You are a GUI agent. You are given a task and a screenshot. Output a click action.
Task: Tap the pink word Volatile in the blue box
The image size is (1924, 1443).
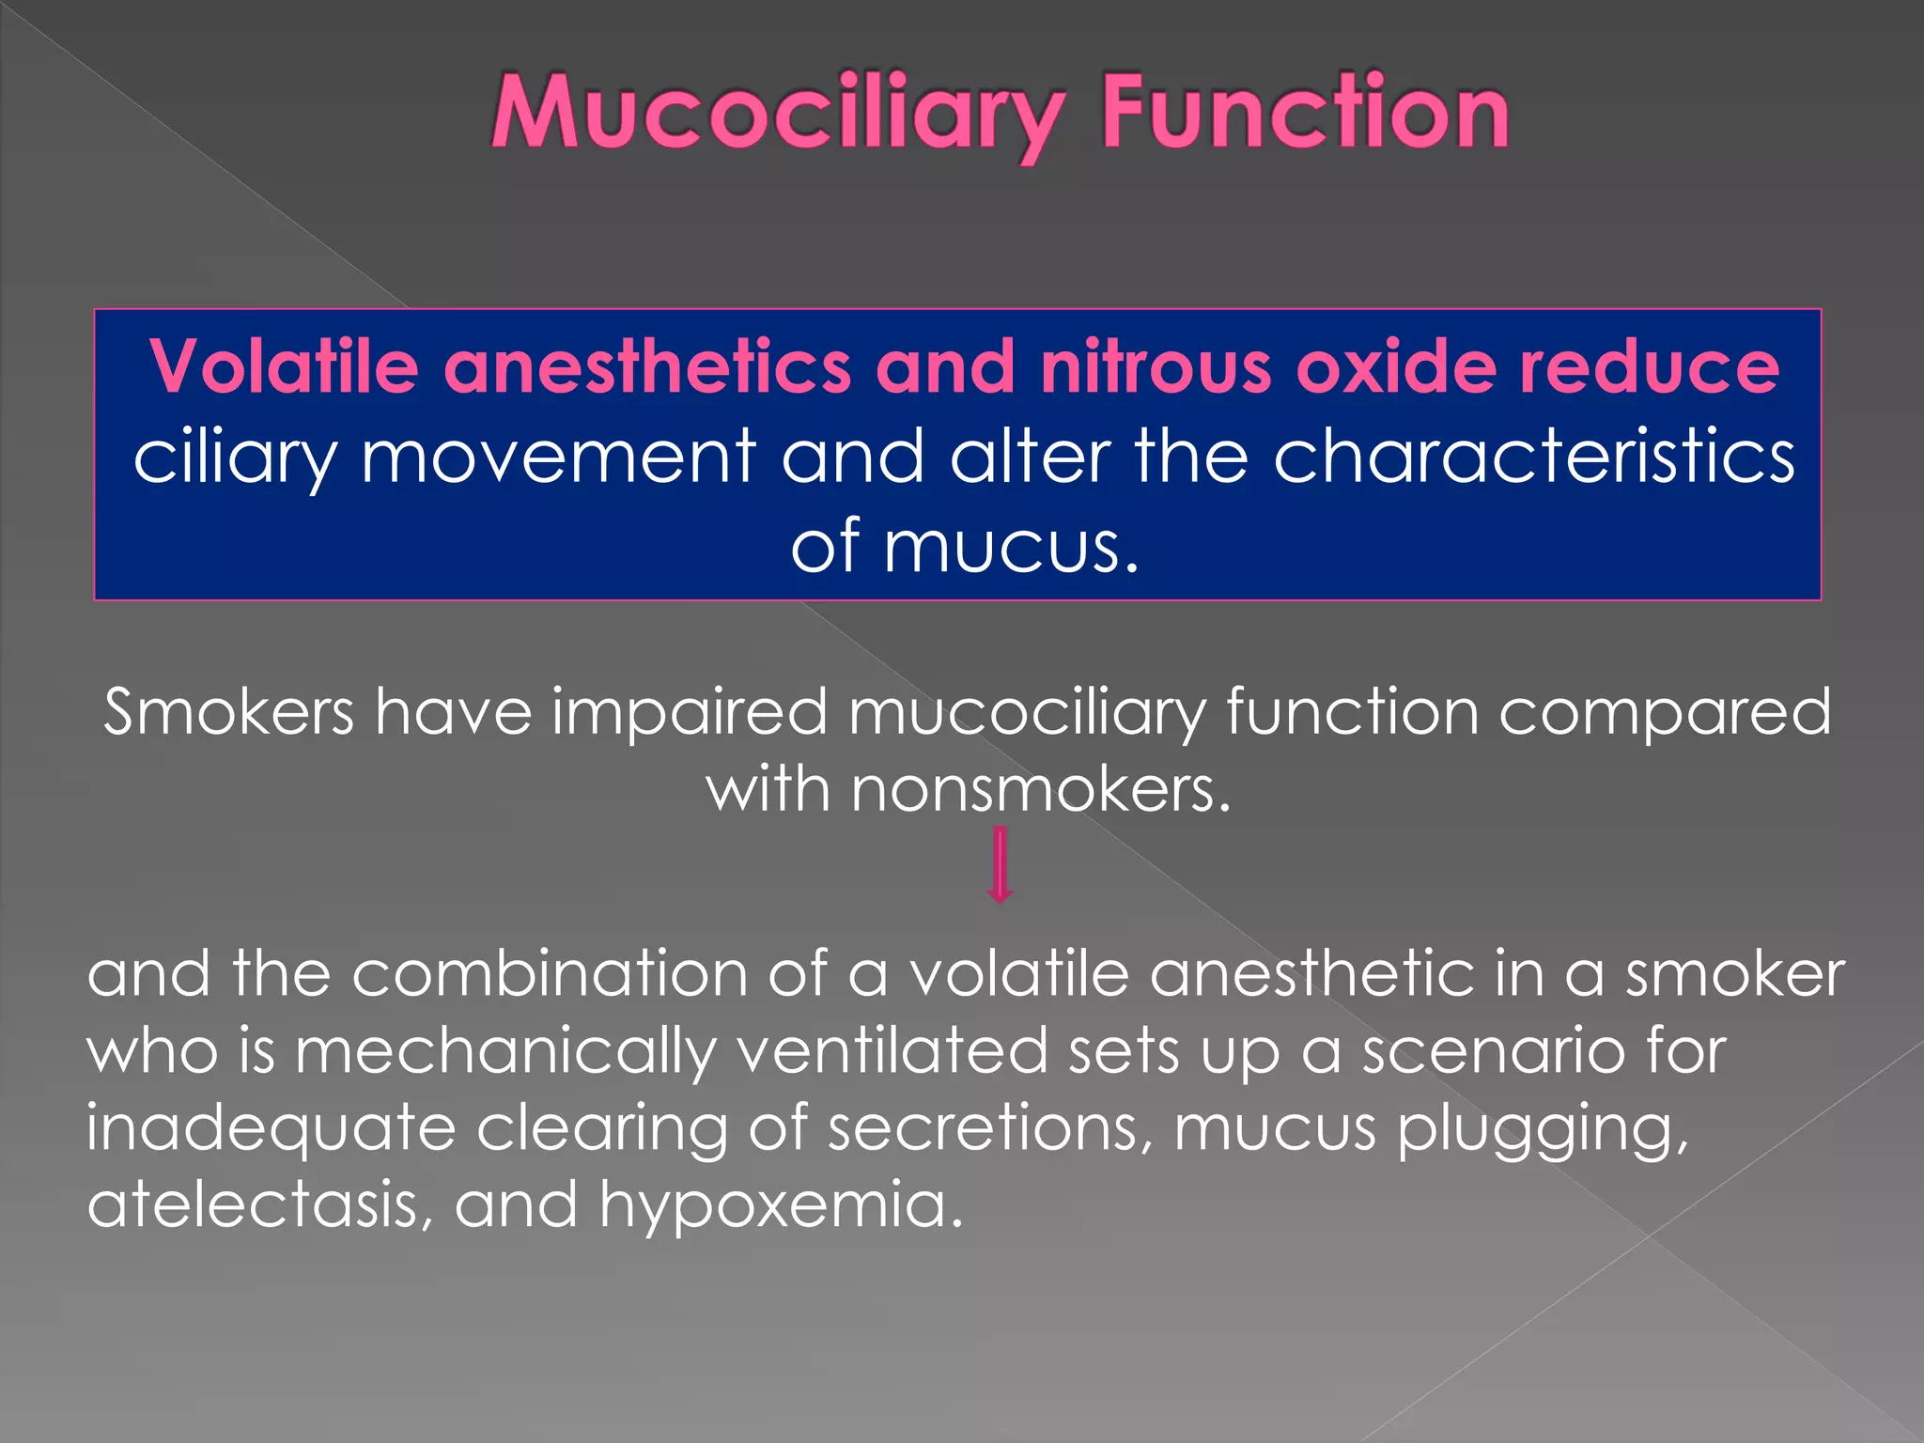tap(283, 366)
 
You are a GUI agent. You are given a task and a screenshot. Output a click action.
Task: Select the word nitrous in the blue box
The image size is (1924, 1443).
tap(1155, 366)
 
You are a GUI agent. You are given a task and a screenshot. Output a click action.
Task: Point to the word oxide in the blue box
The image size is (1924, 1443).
tap(1396, 366)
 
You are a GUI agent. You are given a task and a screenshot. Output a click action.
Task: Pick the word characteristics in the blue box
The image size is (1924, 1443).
tap(1533, 457)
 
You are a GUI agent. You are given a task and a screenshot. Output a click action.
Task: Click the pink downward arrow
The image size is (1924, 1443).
tap(1000, 865)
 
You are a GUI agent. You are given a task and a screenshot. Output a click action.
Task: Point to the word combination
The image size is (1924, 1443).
tap(549, 974)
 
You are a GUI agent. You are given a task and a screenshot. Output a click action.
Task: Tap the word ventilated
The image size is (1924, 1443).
tap(892, 1051)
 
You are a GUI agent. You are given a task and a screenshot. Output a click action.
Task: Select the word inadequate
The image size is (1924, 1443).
tap(271, 1128)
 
